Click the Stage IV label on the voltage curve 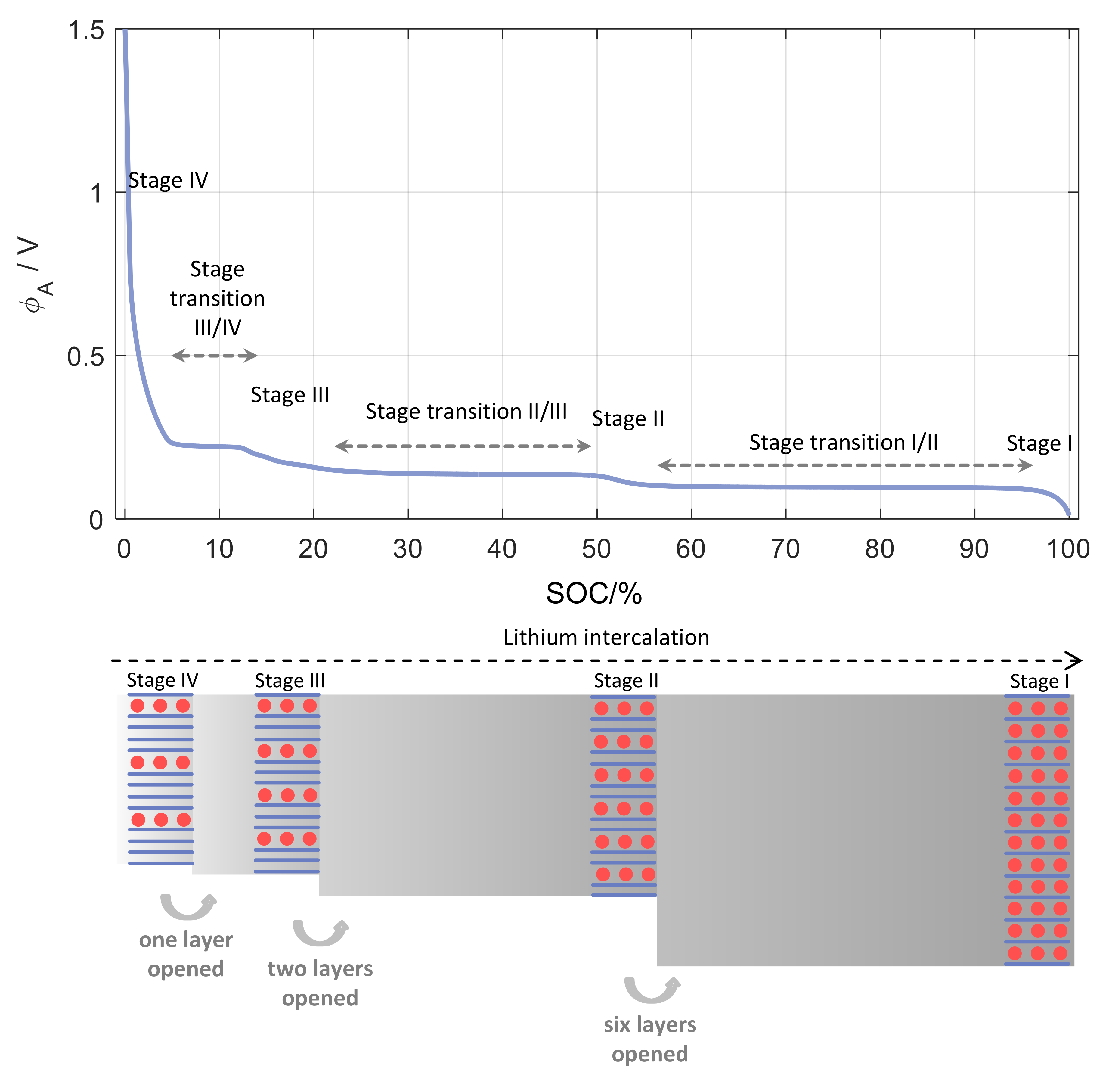tap(168, 180)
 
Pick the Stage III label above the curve tap(290, 395)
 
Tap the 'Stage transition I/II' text tap(844, 442)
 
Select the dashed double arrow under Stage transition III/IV tap(215, 356)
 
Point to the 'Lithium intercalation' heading tap(606, 638)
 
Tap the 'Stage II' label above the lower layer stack tap(626, 681)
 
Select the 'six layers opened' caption tap(650, 1039)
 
